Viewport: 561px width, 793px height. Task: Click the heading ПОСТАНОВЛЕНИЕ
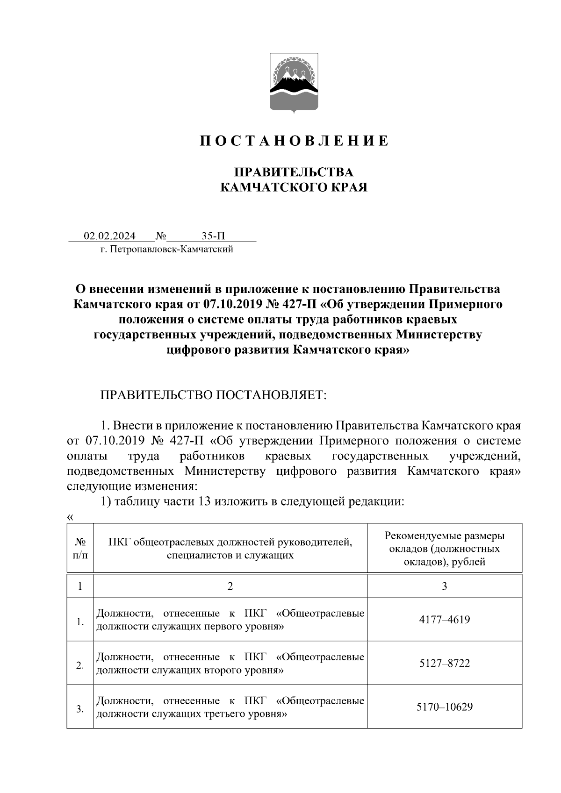(294, 141)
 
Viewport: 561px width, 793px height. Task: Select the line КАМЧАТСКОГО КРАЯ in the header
(294, 187)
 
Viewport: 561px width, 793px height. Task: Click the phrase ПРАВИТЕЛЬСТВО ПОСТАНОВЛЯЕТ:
(213, 395)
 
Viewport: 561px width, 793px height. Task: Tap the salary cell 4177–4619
(444, 620)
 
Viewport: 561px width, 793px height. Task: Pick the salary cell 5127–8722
(444, 663)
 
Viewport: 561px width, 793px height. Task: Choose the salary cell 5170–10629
(444, 707)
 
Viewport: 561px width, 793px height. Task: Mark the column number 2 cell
(230, 586)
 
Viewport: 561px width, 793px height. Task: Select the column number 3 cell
(444, 586)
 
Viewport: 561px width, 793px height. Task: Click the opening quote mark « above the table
(70, 517)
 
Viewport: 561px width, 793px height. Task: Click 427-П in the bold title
(300, 304)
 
